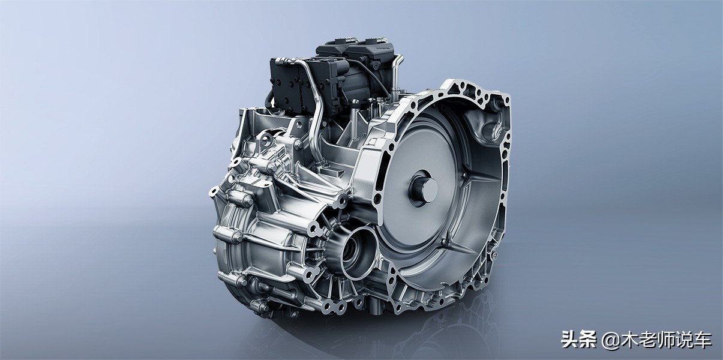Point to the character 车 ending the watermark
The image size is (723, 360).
click(700, 339)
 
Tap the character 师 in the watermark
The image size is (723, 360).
click(665, 339)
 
